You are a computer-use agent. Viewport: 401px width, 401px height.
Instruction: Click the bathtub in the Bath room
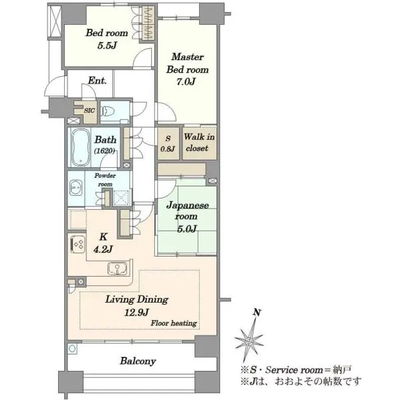coord(80,147)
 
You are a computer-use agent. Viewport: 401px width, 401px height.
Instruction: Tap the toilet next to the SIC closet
coord(108,112)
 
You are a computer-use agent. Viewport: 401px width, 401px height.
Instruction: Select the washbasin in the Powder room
coord(76,188)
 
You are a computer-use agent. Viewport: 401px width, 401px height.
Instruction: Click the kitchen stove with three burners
coord(78,244)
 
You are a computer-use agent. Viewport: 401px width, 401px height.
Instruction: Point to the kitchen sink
coord(117,269)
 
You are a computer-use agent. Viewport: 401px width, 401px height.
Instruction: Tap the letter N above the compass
coord(257,312)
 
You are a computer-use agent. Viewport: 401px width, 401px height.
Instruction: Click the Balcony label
coord(138,361)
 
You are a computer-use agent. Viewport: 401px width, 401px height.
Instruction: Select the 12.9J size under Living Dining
coord(136,312)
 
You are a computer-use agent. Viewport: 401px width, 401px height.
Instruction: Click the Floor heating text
coord(174,323)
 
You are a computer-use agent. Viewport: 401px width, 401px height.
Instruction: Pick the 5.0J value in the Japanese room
coord(187,229)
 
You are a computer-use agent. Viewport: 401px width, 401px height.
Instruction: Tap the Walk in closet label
coord(199,142)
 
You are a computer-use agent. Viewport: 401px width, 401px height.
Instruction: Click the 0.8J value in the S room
coord(168,148)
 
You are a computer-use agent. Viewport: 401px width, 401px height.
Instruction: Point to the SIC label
coord(90,110)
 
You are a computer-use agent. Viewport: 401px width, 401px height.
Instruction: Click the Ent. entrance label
coord(97,81)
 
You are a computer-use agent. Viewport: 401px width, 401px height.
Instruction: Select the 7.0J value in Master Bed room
coord(186,82)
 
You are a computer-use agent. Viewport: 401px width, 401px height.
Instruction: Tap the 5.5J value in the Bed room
coord(107,45)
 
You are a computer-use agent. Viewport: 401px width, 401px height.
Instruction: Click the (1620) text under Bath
coord(104,151)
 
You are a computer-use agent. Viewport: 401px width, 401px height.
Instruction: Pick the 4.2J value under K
coord(103,249)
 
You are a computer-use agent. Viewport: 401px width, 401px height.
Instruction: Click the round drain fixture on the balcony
coord(72,349)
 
